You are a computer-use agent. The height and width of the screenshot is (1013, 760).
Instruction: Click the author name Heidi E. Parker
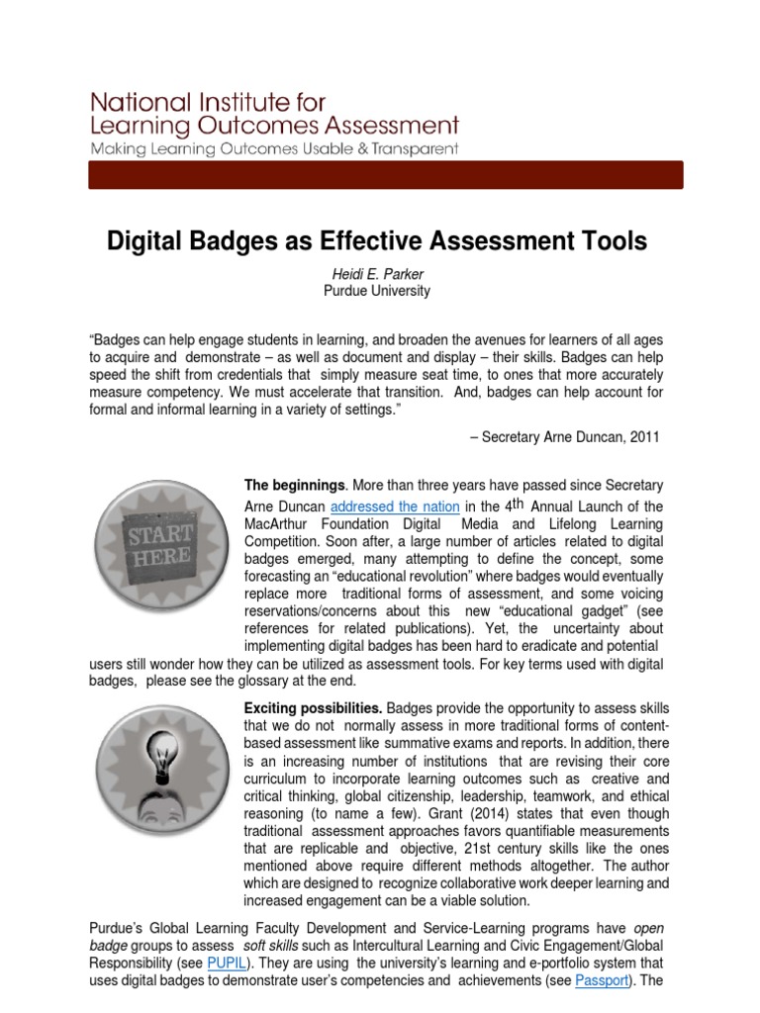(376, 273)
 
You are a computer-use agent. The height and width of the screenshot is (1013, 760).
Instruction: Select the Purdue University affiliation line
(376, 291)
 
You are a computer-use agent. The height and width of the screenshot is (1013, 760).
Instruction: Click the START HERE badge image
(158, 544)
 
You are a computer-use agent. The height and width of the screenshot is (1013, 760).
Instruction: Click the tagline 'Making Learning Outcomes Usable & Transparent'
(274, 148)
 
